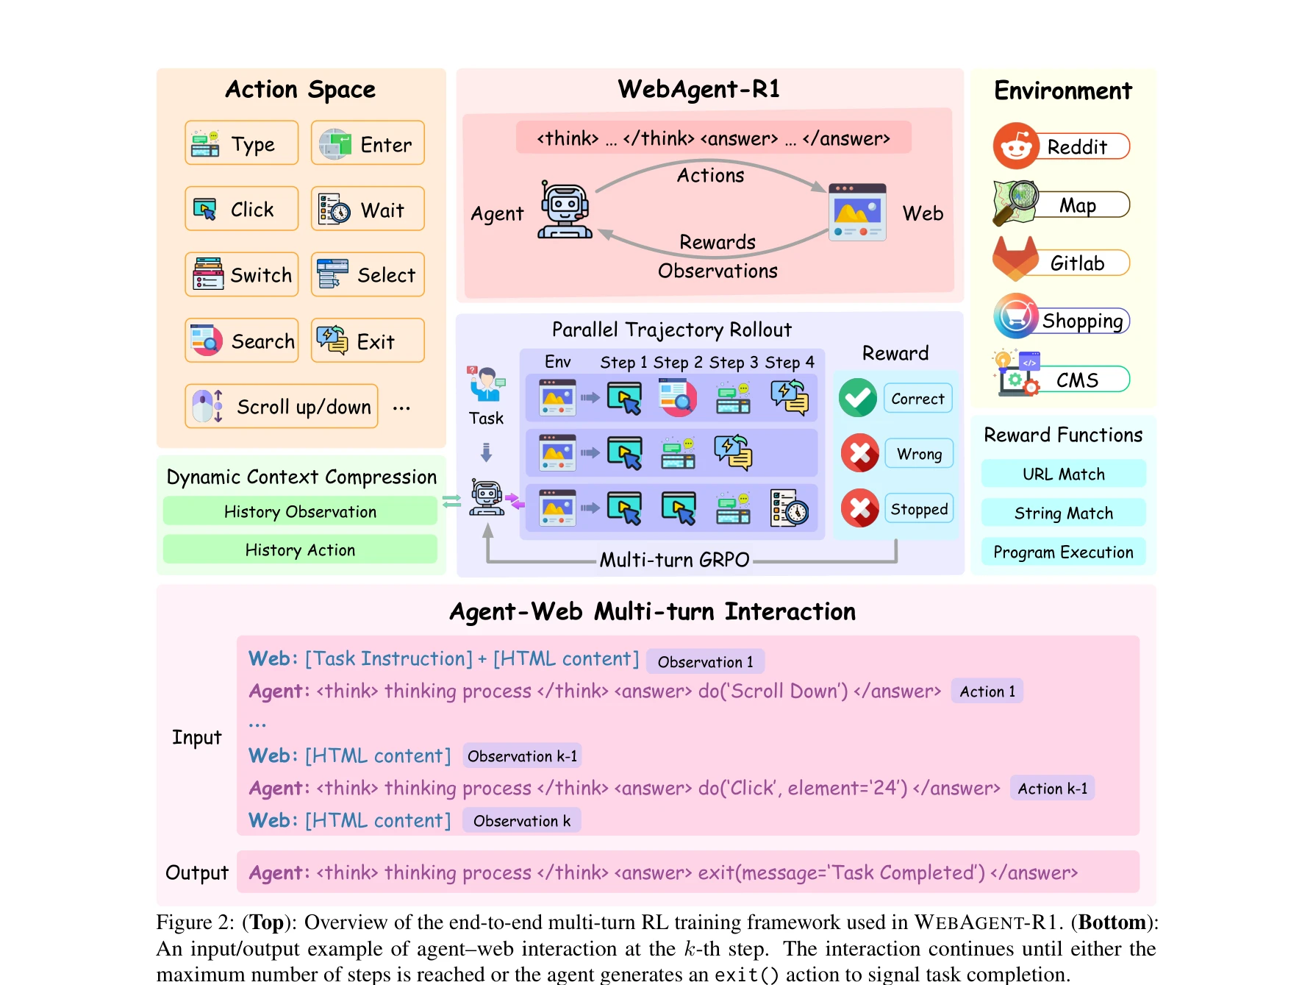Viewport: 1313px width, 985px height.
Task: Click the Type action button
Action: click(x=241, y=143)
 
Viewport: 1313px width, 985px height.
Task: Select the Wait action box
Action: click(x=368, y=210)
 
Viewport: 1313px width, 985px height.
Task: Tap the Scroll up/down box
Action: click(x=282, y=406)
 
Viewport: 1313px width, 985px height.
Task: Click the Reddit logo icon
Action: click(x=1015, y=146)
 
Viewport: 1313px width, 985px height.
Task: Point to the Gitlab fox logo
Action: click(x=1015, y=259)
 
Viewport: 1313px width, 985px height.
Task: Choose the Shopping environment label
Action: click(x=1082, y=321)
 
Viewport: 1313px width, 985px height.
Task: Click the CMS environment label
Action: click(x=1077, y=380)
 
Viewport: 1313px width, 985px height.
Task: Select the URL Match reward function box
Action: click(x=1063, y=474)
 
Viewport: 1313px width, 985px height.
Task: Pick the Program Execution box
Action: click(x=1063, y=552)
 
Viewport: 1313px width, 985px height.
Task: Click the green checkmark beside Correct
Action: click(x=857, y=398)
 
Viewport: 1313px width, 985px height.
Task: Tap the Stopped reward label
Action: click(x=919, y=509)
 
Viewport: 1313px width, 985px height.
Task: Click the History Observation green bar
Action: click(x=300, y=511)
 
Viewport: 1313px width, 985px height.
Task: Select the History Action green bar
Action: click(x=300, y=550)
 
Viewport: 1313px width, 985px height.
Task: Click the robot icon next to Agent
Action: click(x=564, y=210)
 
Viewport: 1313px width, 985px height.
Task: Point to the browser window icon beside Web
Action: click(x=856, y=212)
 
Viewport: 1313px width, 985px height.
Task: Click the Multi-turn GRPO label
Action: click(x=674, y=560)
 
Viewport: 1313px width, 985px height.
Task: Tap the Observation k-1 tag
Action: click(x=522, y=756)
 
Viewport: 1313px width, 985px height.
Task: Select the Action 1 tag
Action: click(x=987, y=691)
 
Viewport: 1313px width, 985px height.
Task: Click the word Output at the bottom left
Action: click(x=197, y=872)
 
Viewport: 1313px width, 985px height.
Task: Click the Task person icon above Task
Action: click(x=486, y=384)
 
